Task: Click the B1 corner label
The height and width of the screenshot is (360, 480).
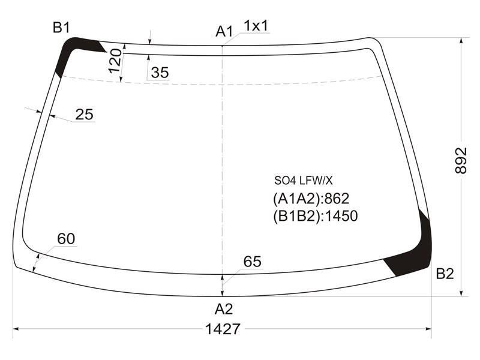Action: (61, 28)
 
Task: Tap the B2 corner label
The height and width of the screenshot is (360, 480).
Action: (445, 274)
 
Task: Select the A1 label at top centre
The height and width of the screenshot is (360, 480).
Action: (224, 31)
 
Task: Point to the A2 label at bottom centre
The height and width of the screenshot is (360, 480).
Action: (224, 309)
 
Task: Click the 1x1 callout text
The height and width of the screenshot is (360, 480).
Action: (256, 26)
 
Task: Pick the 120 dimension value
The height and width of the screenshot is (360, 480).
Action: (115, 61)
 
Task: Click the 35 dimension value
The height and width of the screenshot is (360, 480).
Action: (160, 73)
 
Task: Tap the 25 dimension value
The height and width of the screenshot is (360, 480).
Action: (84, 115)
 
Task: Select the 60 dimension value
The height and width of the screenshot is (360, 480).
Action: (66, 239)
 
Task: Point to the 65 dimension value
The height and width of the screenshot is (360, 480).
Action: (252, 262)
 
